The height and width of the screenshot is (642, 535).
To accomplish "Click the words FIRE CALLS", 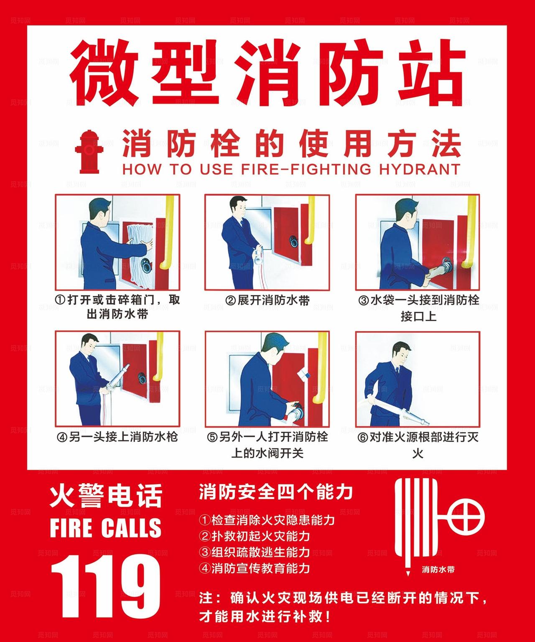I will [x=105, y=527].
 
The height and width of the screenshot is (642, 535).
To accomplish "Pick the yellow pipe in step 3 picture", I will [x=467, y=234].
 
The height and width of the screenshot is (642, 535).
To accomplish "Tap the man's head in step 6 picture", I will [x=402, y=352].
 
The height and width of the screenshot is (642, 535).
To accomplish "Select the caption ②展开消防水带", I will [x=267, y=300].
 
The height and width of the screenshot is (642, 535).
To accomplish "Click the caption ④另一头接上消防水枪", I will [x=117, y=437].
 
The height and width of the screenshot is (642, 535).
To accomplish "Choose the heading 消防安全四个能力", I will [x=276, y=492].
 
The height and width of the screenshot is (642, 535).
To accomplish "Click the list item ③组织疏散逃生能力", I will [x=255, y=552].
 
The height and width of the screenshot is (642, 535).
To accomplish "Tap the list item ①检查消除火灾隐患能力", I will [x=267, y=520].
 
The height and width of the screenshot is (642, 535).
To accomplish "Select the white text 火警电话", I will [x=105, y=496].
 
